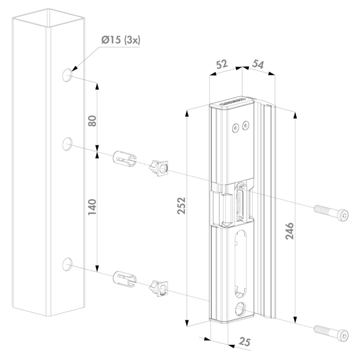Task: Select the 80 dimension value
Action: [91, 121]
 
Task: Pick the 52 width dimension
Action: [221, 64]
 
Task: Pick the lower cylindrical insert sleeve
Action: [125, 278]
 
